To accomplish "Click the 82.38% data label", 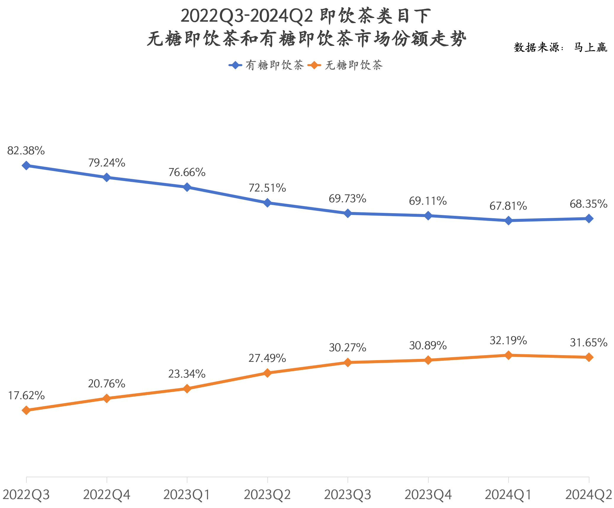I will coord(26,151).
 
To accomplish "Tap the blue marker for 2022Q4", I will coord(107,177).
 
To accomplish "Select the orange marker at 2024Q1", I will coord(508,355).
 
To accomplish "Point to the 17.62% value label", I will coord(26,396).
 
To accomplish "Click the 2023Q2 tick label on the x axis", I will coord(267,495).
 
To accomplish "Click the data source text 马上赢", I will coord(590,47).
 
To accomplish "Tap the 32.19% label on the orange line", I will coord(508,340).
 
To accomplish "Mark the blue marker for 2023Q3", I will coord(348,213).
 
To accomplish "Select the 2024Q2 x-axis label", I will coord(589,495).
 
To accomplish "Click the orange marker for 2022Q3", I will coord(26,410).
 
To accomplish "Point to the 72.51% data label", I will coord(267,188).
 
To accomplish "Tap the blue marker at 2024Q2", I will coord(589,219).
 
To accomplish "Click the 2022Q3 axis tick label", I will coord(26,495).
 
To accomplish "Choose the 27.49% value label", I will coord(267,358).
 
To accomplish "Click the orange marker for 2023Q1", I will coord(187,389).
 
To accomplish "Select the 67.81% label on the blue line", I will coord(508,206).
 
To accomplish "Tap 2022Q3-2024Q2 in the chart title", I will coord(247,16).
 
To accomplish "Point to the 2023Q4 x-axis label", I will coord(428,495).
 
